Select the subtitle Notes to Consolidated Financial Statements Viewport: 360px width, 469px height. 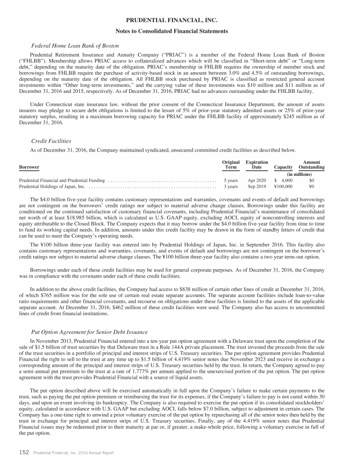point(180,31)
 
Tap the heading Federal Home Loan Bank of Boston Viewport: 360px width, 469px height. point(75,46)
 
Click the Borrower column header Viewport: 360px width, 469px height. point(29,167)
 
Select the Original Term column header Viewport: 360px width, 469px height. point(231,165)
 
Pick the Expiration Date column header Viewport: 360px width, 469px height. point(257,165)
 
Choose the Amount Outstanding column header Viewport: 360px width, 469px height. point(312,165)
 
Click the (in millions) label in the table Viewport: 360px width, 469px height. point(300,174)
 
